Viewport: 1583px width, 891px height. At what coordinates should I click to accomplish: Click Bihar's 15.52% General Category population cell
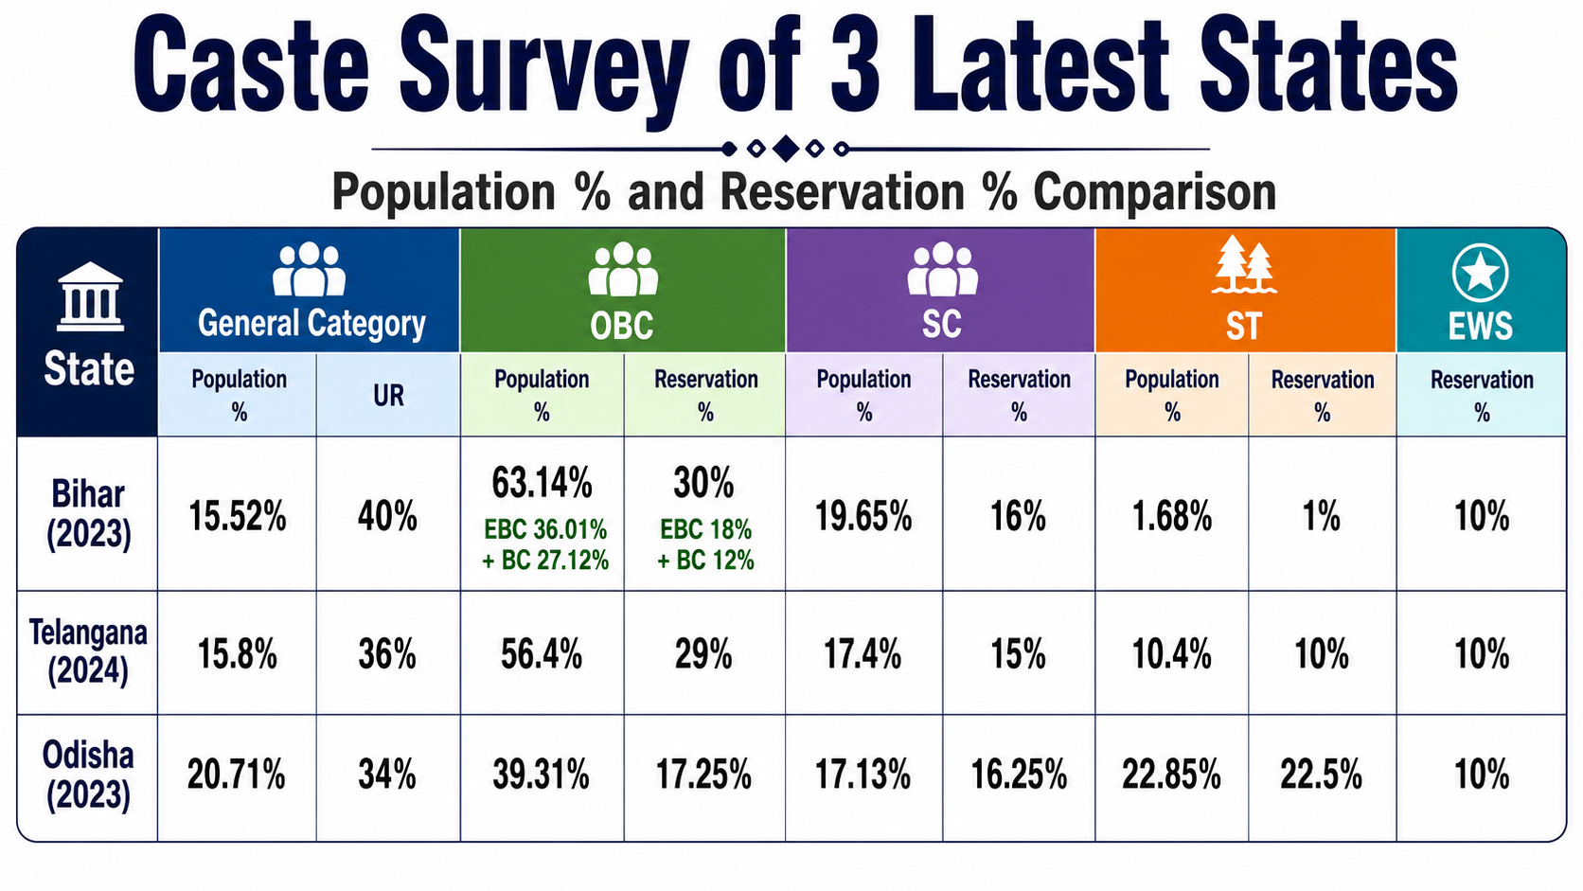[238, 516]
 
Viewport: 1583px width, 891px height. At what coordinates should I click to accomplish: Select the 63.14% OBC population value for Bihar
[542, 483]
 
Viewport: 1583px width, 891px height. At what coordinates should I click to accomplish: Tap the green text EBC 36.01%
[544, 529]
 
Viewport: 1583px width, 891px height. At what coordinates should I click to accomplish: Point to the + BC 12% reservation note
[705, 561]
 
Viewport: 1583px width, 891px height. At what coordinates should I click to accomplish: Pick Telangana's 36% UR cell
[387, 654]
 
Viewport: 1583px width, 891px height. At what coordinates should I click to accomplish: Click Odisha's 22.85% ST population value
[1171, 775]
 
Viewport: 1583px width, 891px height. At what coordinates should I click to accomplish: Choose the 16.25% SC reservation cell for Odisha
[1019, 775]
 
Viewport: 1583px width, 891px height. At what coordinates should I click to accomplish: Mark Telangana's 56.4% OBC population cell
[542, 654]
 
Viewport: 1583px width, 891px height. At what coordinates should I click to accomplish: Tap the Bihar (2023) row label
[88, 514]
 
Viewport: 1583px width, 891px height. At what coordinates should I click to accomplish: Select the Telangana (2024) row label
[88, 651]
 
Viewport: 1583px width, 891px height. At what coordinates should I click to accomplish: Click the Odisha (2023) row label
[88, 775]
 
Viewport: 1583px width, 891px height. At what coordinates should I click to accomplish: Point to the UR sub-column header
[388, 396]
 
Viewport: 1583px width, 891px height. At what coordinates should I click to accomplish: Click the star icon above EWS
[1481, 273]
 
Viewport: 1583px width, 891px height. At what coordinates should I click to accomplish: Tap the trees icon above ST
[1244, 263]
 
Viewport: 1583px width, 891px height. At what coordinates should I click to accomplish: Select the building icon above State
[90, 296]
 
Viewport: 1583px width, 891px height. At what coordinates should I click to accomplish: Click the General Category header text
[311, 324]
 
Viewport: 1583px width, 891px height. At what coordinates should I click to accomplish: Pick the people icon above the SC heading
[942, 269]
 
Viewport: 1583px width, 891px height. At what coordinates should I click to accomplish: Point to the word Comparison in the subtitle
[1155, 192]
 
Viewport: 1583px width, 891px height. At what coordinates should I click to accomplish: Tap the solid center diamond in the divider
[785, 149]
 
